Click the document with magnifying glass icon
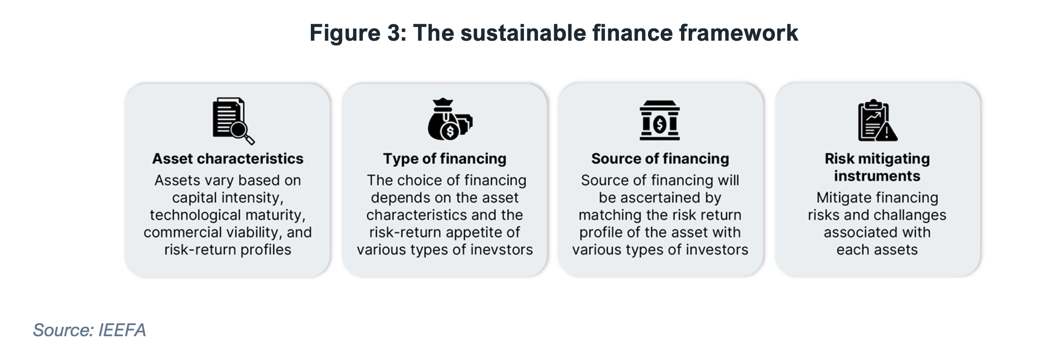233,121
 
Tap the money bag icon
450,119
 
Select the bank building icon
660,121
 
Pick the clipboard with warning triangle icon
877,121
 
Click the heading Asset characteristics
228,159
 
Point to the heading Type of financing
445,159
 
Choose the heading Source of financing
660,159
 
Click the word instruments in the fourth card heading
877,176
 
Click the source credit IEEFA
122,330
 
